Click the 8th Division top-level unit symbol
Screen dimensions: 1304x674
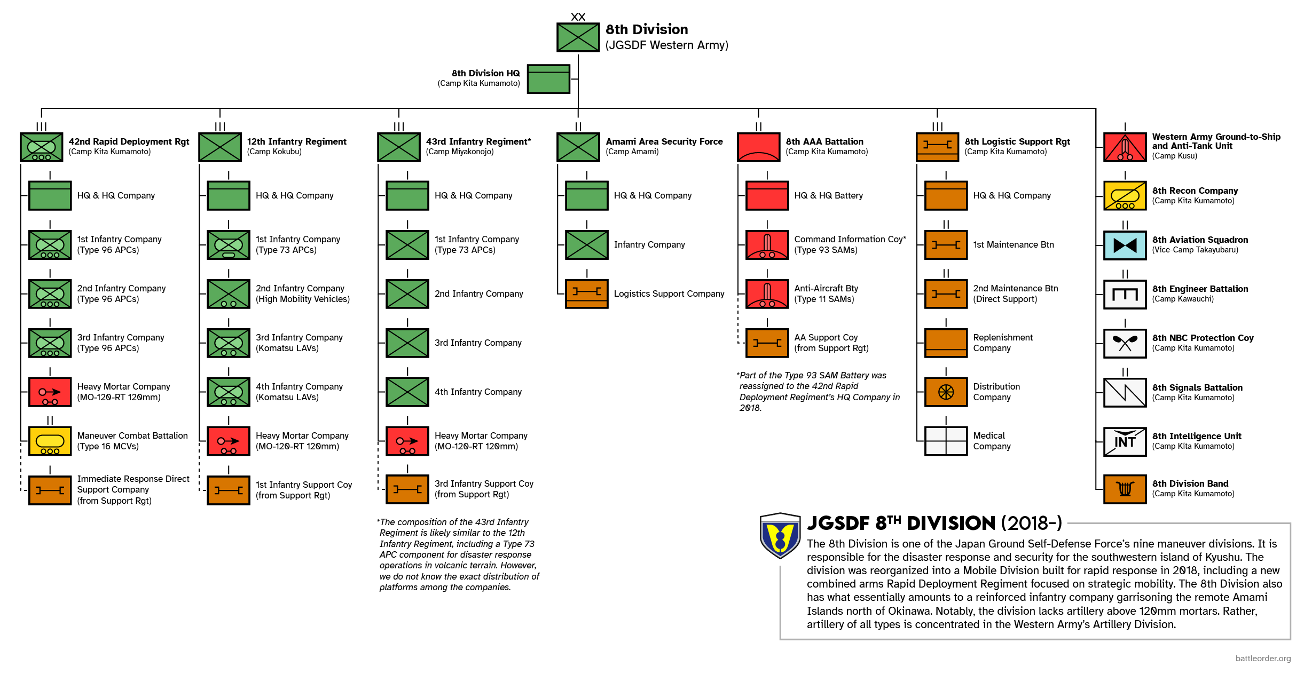[x=578, y=37]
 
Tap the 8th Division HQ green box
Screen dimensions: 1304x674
[x=548, y=78]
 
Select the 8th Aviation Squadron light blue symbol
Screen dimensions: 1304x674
[x=1125, y=245]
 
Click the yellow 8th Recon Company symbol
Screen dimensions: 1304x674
[x=1125, y=196]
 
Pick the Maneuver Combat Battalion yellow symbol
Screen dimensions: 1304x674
[x=50, y=441]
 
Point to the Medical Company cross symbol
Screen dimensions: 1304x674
[x=946, y=441]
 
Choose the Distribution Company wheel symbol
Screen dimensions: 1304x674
[x=946, y=392]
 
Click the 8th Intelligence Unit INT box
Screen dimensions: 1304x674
[x=1125, y=441]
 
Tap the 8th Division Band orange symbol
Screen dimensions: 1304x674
[x=1125, y=489]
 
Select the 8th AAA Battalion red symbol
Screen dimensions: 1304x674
[x=758, y=147]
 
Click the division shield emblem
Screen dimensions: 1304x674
[x=780, y=535]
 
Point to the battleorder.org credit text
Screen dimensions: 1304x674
[x=1263, y=658]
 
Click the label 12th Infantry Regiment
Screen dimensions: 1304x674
[x=296, y=141]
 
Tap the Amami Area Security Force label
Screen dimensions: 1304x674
[x=664, y=141]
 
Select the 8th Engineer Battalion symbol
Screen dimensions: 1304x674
[x=1125, y=294]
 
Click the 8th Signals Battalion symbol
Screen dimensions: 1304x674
[x=1125, y=392]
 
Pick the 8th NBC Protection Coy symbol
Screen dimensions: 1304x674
[x=1125, y=343]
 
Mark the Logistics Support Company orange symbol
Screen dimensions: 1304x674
[x=586, y=294]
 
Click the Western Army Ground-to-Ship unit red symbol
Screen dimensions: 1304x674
[x=1125, y=147]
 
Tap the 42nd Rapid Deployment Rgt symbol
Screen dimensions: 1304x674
[x=41, y=147]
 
